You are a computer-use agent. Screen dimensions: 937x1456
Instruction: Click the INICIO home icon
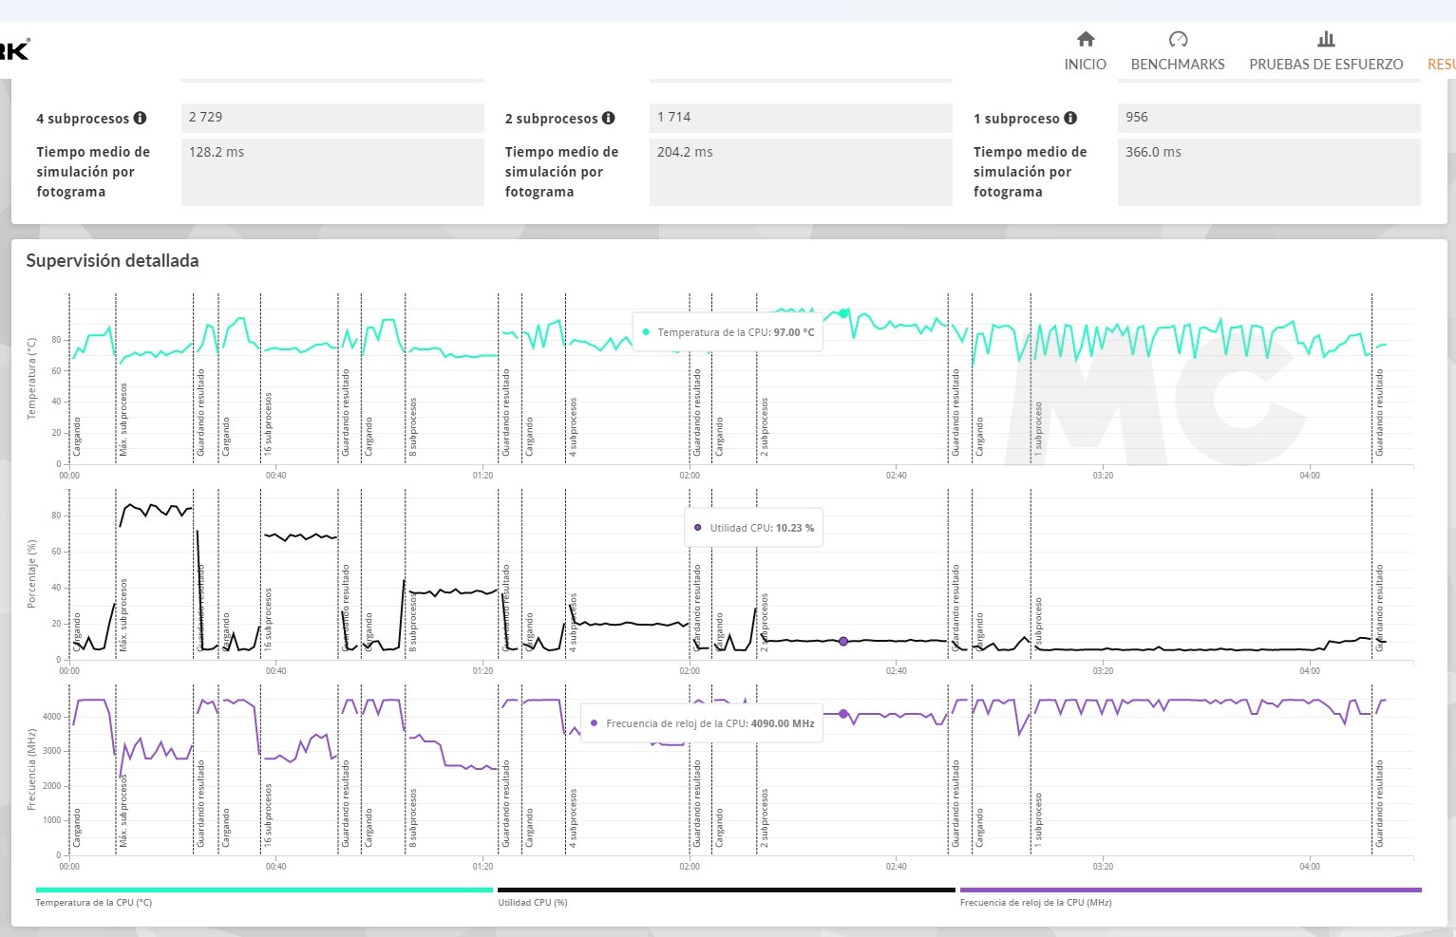coord(1086,39)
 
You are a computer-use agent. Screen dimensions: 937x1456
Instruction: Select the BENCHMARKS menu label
coord(1178,65)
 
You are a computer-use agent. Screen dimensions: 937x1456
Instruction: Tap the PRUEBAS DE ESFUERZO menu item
coord(1326,65)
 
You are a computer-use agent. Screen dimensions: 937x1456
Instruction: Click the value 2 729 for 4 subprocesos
coord(206,117)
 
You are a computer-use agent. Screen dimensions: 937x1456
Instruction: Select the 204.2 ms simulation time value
coord(685,152)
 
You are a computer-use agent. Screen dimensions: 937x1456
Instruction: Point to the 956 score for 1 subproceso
coord(1137,117)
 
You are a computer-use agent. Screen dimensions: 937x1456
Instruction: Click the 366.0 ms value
coord(1153,152)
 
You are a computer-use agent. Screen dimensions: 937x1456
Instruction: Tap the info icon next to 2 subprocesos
coord(609,118)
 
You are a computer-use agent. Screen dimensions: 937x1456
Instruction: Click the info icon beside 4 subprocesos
coord(141,118)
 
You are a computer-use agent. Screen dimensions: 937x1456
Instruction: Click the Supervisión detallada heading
coord(112,260)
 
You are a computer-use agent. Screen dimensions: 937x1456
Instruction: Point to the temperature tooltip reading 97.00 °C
coord(728,332)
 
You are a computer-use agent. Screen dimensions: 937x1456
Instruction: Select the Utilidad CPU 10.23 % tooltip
coord(754,528)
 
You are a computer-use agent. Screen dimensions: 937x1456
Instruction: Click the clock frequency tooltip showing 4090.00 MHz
coord(701,723)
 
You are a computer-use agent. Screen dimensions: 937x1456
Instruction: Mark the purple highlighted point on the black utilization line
coord(843,642)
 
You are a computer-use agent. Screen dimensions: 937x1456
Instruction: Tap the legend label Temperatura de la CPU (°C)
coord(94,903)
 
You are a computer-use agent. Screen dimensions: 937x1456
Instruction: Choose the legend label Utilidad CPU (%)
coord(533,903)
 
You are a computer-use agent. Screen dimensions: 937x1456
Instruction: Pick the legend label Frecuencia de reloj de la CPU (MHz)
coord(1035,903)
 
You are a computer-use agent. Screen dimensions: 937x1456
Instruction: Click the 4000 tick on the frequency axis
coord(51,717)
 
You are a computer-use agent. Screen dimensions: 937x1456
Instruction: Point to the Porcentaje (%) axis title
coord(32,574)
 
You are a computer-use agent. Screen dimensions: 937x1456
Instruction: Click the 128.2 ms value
coord(217,152)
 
